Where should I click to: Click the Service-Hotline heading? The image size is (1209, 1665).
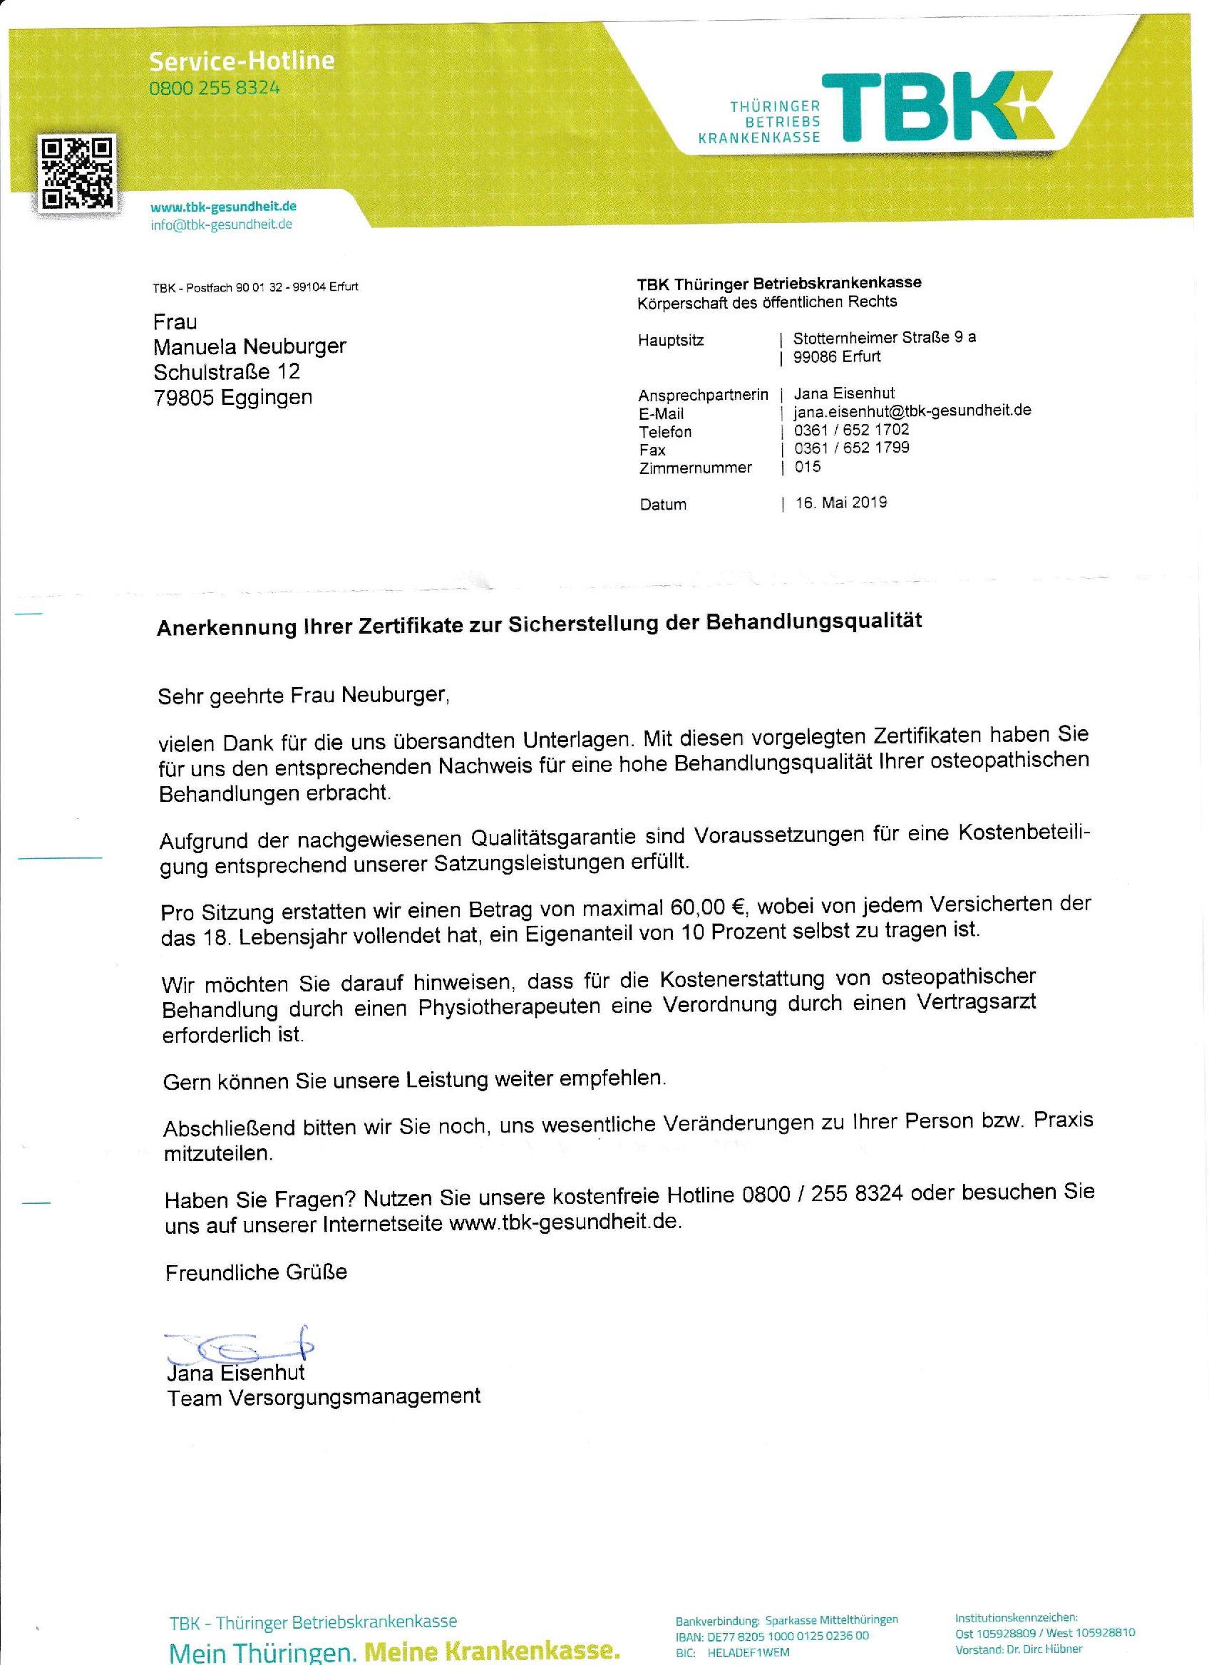click(242, 60)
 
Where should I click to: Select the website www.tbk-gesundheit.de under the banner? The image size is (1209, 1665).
click(223, 207)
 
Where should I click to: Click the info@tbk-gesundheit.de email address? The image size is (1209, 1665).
click(221, 225)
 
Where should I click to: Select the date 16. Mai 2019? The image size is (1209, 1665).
click(840, 503)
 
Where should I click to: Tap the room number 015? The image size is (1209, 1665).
click(808, 466)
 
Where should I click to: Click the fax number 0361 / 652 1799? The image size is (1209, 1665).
click(852, 448)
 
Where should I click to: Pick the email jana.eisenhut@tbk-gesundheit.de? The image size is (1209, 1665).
click(912, 411)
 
